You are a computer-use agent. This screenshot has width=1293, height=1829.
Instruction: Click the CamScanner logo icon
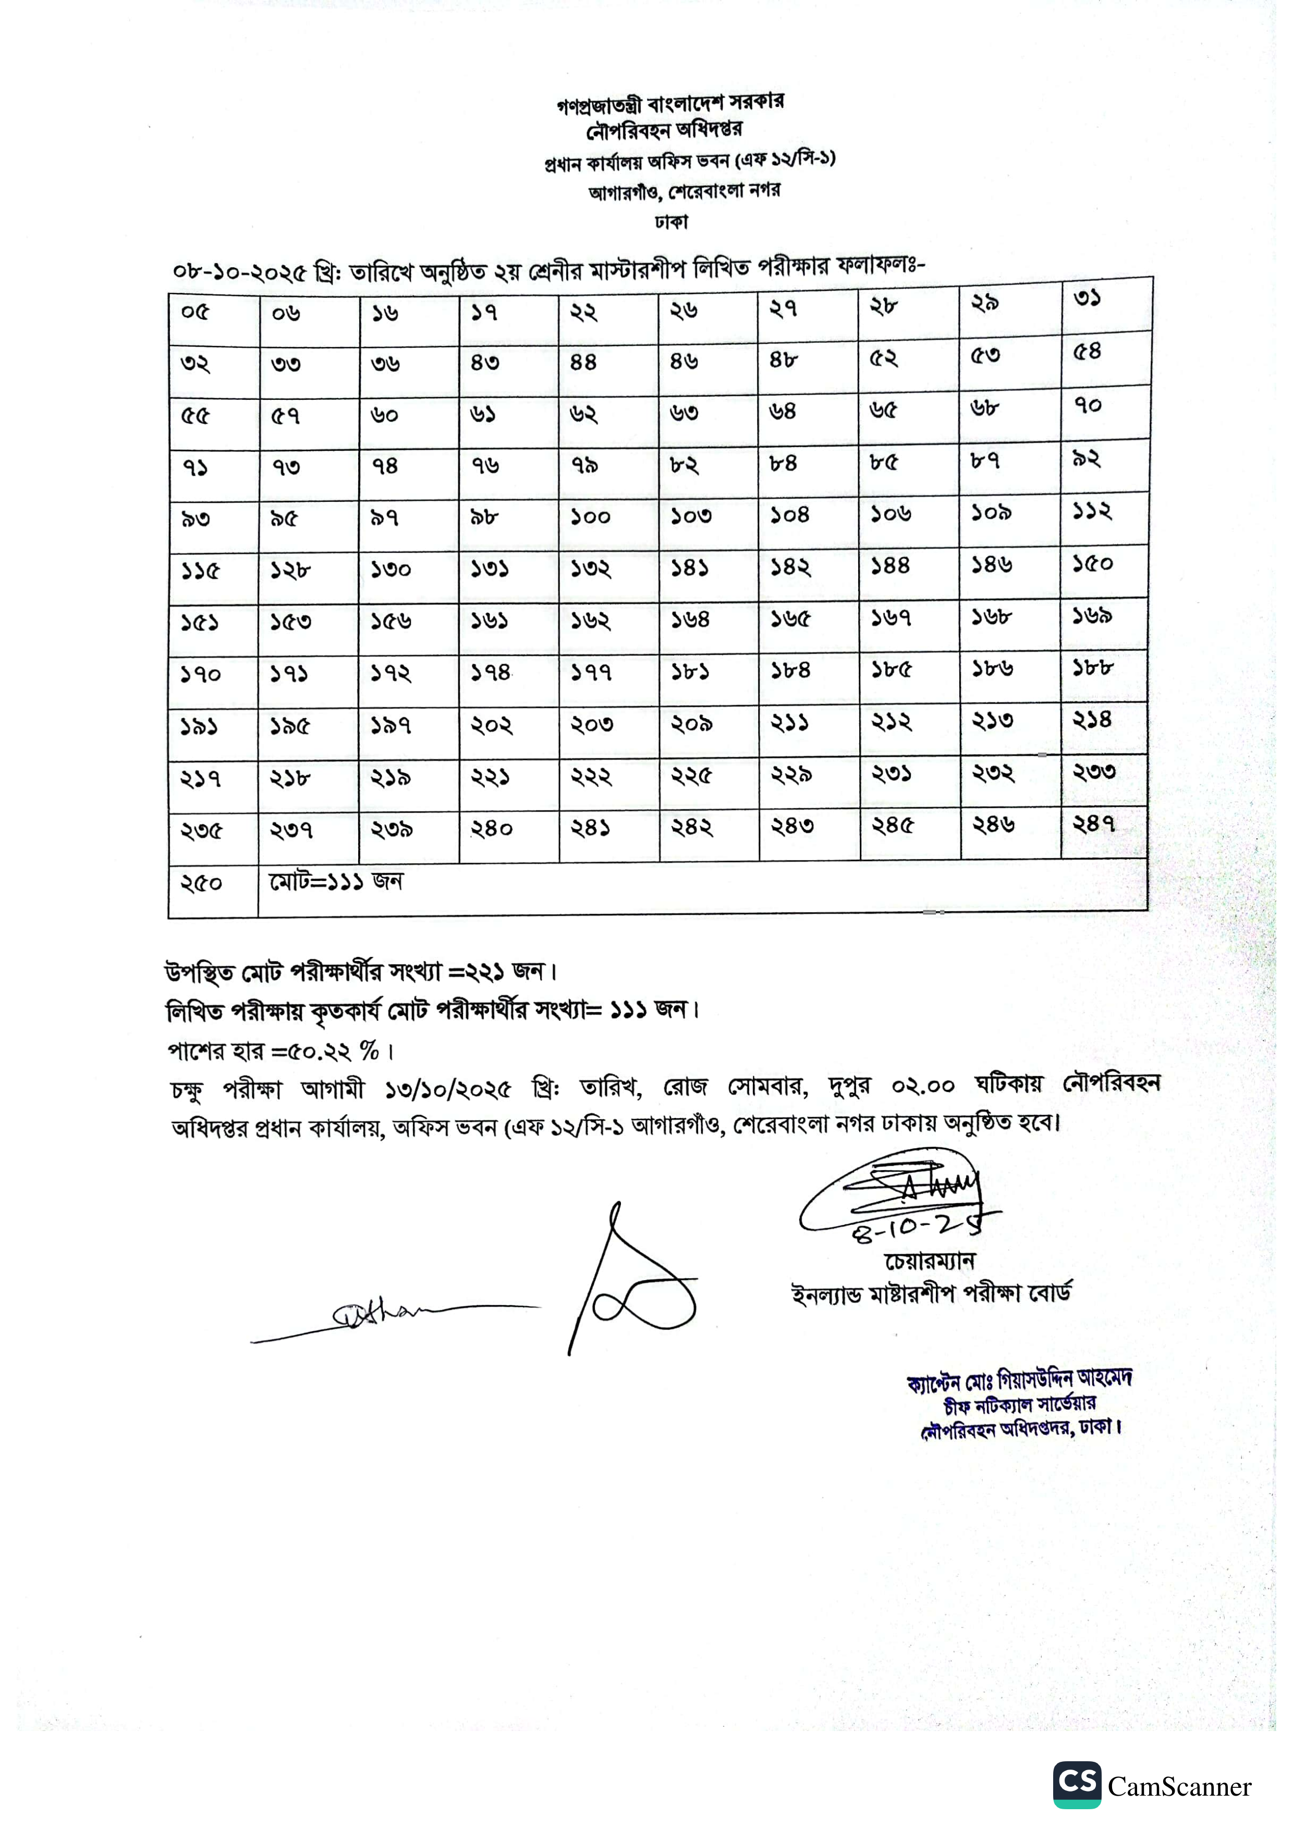[x=1077, y=1784]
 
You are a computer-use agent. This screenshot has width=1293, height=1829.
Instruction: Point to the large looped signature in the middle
[x=633, y=1291]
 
